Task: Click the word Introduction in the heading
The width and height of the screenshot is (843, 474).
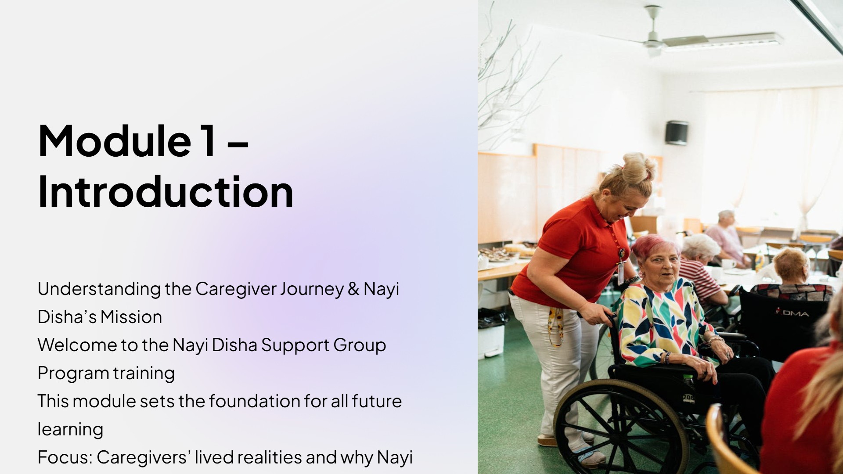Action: tap(166, 191)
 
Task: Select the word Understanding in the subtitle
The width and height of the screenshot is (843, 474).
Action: tap(99, 289)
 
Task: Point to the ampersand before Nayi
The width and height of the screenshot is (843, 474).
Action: tap(353, 289)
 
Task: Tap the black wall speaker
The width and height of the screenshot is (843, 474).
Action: tap(676, 133)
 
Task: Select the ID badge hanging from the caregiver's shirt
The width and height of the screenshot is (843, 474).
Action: tap(621, 272)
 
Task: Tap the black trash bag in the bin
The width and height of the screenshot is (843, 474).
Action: tap(492, 319)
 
